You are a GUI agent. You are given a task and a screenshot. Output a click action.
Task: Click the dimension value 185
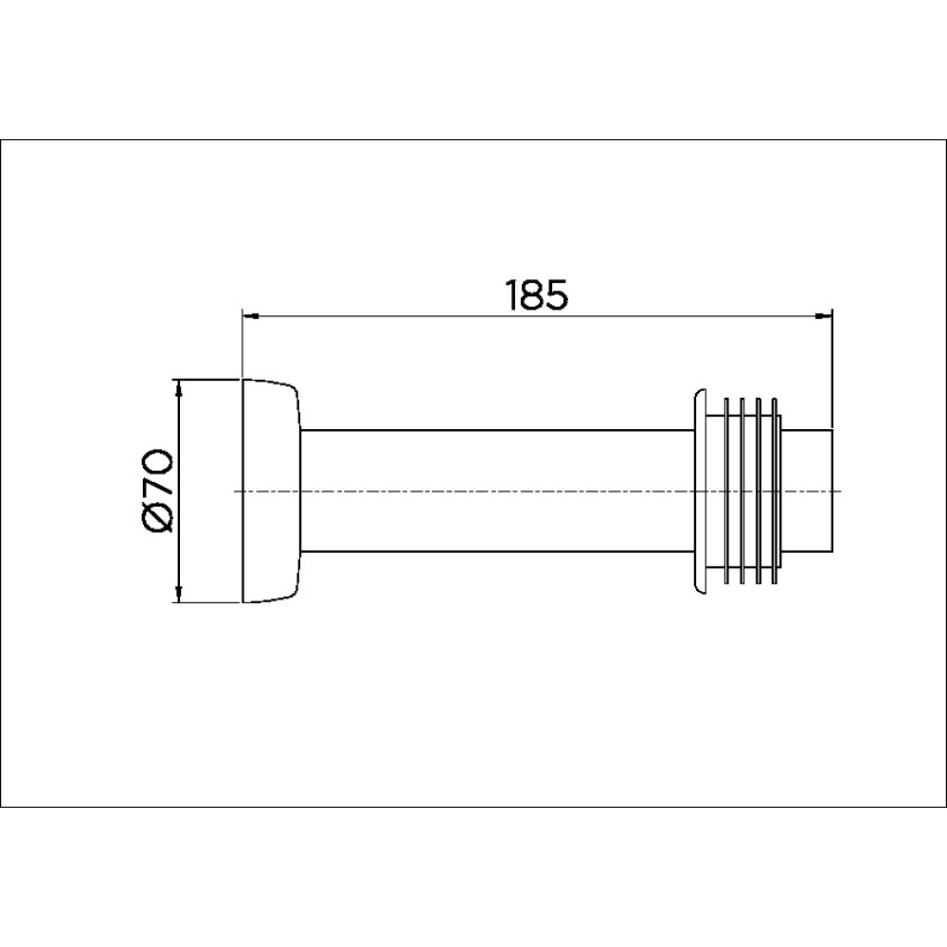(x=537, y=295)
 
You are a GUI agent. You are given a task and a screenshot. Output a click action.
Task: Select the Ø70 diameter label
(x=159, y=491)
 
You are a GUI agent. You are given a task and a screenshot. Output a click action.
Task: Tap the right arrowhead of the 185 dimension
(x=824, y=316)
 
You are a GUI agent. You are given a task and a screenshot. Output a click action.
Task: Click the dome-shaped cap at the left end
(x=271, y=491)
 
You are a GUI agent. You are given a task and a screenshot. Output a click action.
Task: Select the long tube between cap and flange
(x=498, y=491)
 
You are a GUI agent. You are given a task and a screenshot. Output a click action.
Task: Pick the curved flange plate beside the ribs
(x=699, y=491)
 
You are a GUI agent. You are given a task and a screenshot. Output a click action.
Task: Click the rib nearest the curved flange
(x=727, y=491)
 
